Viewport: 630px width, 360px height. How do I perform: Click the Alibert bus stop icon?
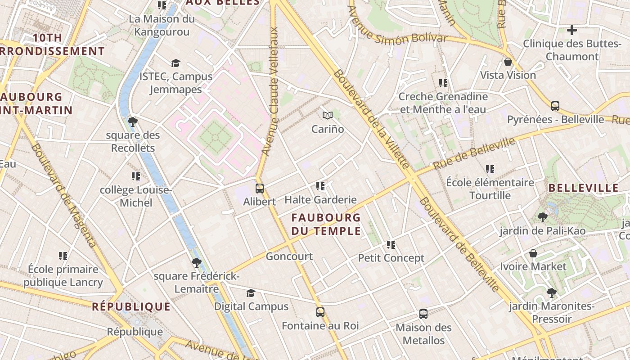tap(260, 189)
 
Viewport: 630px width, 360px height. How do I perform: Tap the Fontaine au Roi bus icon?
tap(320, 312)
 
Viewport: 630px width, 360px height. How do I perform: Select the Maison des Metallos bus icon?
tap(423, 314)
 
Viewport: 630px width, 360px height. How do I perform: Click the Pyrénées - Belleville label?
tap(555, 119)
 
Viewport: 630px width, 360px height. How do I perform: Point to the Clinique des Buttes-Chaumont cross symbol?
tap(572, 30)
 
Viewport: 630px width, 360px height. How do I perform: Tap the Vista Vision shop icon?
tap(508, 62)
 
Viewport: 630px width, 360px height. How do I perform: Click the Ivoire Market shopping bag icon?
tap(533, 253)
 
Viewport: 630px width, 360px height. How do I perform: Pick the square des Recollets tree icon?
tap(133, 122)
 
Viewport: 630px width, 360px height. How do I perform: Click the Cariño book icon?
tap(328, 116)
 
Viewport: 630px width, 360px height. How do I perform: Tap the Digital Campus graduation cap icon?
tap(251, 293)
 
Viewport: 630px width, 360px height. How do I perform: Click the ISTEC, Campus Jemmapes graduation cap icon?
tap(175, 63)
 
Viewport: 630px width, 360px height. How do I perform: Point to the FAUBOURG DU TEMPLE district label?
tap(326, 224)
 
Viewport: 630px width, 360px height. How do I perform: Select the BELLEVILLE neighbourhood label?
tap(584, 188)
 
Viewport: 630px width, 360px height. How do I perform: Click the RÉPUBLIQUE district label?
tap(131, 307)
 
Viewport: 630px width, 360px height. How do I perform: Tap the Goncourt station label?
tap(289, 256)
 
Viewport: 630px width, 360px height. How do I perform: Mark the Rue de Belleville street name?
tap(474, 153)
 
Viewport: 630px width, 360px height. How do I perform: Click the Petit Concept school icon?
tap(391, 245)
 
